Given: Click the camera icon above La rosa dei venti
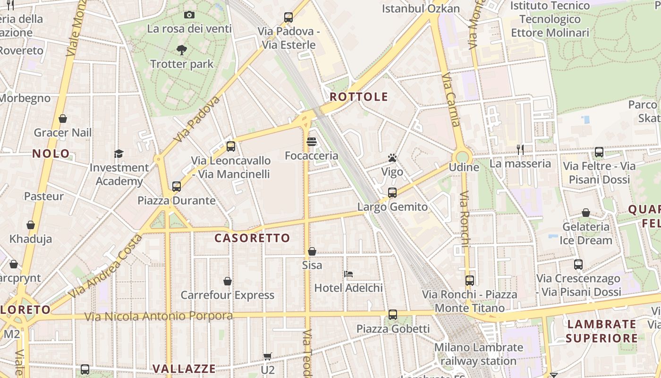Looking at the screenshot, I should point(189,15).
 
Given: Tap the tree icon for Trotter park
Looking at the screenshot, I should point(182,50).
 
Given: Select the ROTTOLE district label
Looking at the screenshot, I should point(359,97).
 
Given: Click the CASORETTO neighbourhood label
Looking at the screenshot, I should point(252,238).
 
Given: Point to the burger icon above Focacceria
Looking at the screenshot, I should point(312,142).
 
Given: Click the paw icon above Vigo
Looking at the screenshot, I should point(392,158).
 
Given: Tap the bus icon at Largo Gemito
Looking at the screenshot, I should point(392,193).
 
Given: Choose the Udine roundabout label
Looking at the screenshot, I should point(464,167).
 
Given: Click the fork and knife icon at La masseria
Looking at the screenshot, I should point(520,150).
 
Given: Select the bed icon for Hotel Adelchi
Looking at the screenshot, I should point(348,274).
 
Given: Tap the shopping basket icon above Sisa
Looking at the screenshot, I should point(312,251).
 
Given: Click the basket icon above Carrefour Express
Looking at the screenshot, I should point(228,281).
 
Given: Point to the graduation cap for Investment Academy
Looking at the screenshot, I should point(119,154).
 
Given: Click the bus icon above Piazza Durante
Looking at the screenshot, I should point(177,187).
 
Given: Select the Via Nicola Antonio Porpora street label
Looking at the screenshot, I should point(159,316).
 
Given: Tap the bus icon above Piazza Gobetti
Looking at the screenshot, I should point(393,315).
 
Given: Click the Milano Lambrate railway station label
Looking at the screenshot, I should point(479,354).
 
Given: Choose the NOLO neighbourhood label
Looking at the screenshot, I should point(51,154).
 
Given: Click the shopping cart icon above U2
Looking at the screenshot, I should point(268,356).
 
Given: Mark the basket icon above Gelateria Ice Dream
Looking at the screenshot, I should point(586,213).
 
